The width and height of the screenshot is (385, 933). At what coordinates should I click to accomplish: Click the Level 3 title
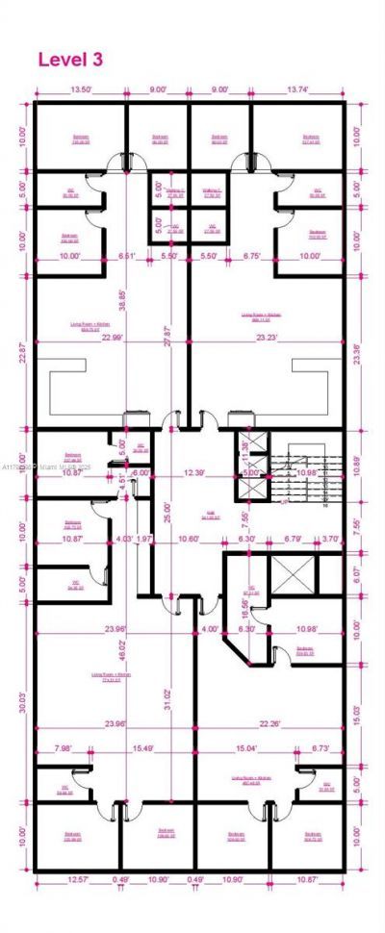(70, 60)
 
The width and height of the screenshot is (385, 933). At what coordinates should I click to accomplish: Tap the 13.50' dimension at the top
(81, 90)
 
